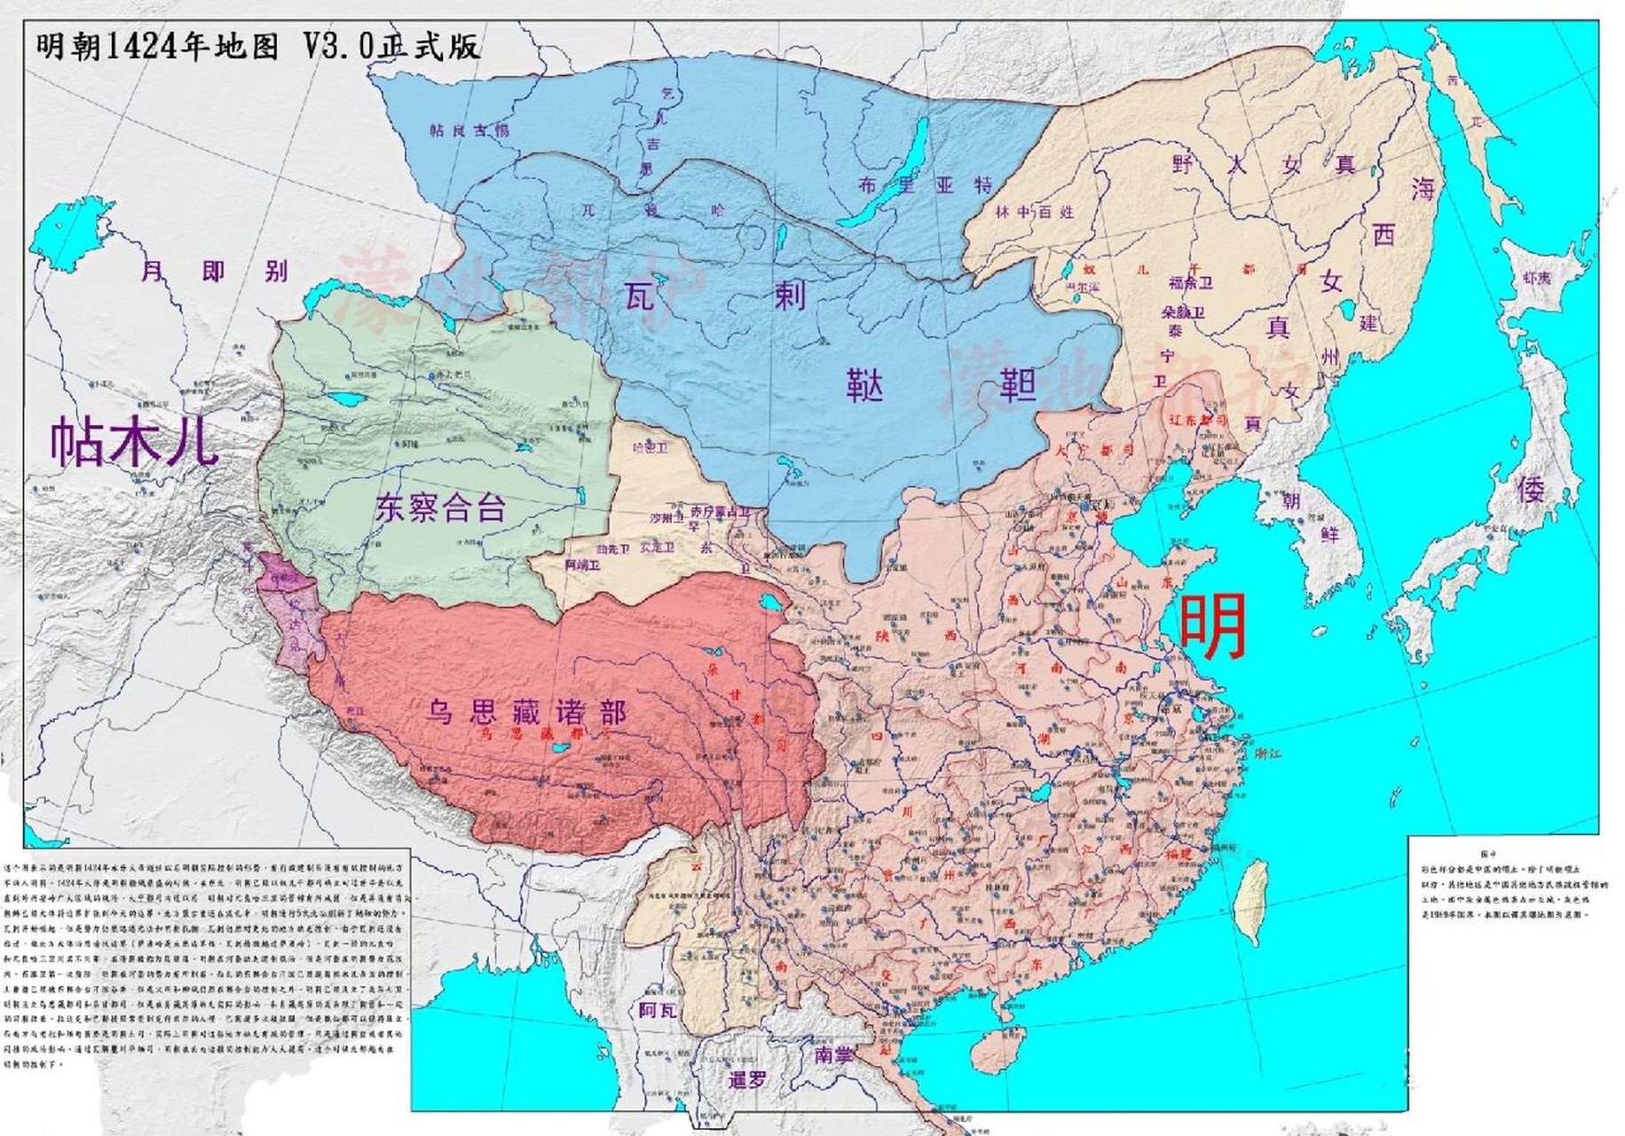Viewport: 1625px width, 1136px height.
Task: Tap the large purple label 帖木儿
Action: tap(133, 441)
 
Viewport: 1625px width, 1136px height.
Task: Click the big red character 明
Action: tap(1212, 627)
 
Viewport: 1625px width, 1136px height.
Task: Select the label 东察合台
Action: tap(440, 508)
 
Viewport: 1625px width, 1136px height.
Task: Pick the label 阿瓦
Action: tap(658, 1010)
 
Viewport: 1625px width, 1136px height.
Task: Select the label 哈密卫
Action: tap(651, 448)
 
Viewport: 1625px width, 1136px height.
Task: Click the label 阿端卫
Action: tap(582, 564)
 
